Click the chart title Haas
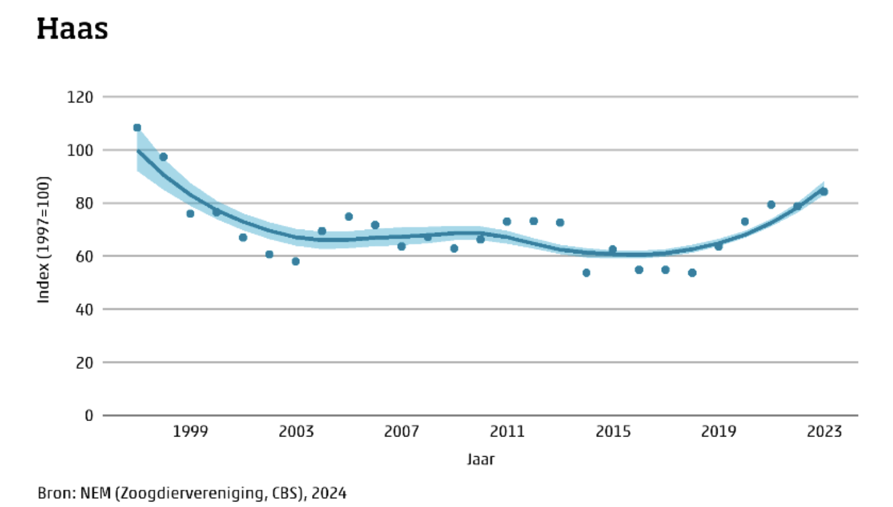[72, 29]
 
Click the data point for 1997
[137, 128]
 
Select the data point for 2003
[296, 261]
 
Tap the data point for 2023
[824, 192]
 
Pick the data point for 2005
[348, 216]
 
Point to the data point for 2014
[586, 273]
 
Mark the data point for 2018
[692, 273]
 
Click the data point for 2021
[771, 204]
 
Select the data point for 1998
[163, 157]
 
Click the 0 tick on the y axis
[89, 416]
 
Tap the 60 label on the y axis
[86, 257]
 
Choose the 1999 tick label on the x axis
[190, 432]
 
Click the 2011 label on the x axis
[507, 432]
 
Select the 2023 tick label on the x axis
[824, 432]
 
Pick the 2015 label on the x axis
[612, 432]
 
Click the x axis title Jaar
[480, 459]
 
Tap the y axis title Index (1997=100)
[44, 239]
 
